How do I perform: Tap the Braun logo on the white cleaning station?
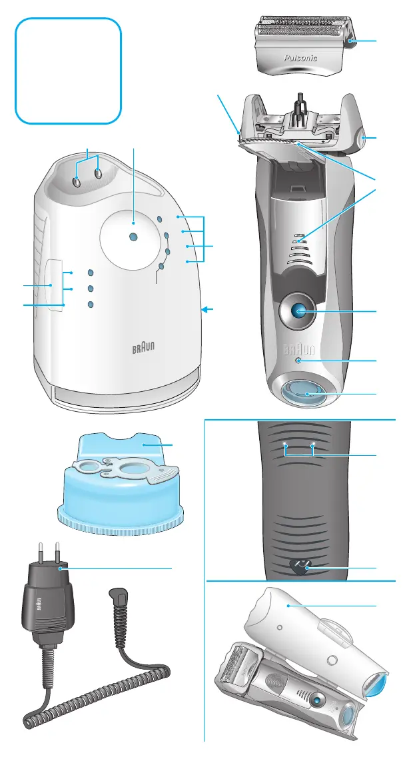coord(140,349)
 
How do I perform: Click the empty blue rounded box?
coord(69,71)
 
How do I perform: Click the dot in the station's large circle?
coord(133,237)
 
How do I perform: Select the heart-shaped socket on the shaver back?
coord(301,566)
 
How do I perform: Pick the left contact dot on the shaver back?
coord(286,444)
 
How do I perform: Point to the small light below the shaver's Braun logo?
coord(298,361)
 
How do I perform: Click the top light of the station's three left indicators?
coord(91,273)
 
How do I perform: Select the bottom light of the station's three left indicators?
coord(91,305)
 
